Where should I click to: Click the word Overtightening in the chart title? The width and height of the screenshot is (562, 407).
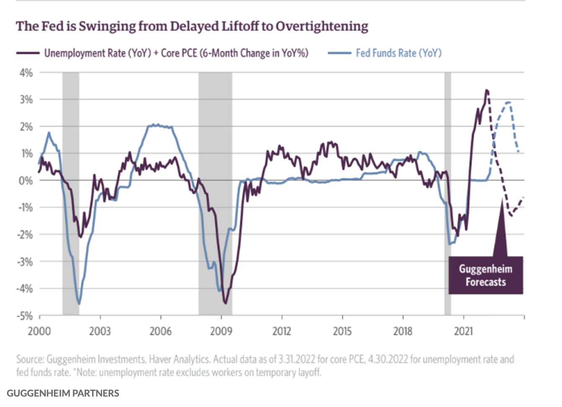point(322,26)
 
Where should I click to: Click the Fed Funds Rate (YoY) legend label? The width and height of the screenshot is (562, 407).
point(399,53)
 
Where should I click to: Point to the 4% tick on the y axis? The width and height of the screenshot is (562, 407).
point(26,73)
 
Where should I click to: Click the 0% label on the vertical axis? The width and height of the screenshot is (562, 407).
point(26,181)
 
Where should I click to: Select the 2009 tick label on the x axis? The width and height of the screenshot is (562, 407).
point(221,331)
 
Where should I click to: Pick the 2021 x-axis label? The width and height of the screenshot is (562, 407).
point(463,331)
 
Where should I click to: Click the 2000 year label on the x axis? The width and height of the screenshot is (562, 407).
point(39,331)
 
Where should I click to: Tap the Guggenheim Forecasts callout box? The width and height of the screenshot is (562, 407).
point(485,275)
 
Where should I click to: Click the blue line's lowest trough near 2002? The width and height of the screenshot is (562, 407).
point(79,303)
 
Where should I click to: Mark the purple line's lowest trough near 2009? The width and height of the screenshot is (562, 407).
point(225,303)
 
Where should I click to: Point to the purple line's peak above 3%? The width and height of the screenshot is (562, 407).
point(486,90)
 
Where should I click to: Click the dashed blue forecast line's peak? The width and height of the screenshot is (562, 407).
point(508,102)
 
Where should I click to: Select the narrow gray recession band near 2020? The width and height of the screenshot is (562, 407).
point(448,193)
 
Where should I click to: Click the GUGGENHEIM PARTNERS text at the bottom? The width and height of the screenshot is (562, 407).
point(63,393)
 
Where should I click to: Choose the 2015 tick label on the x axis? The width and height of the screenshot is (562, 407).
point(342,331)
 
